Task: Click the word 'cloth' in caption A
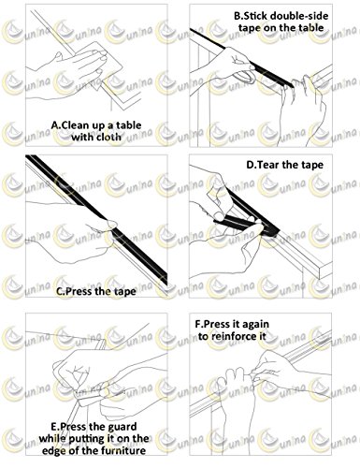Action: (107, 137)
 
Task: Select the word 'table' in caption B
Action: (310, 27)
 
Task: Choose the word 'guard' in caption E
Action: (122, 427)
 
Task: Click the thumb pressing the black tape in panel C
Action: (111, 224)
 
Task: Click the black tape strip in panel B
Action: (241, 58)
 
